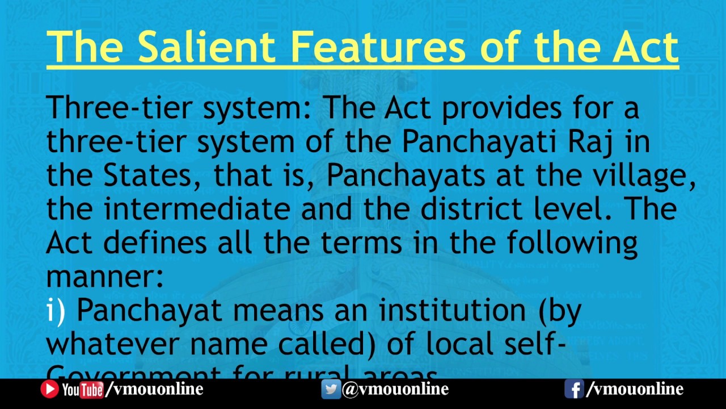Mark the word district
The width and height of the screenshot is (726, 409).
click(x=488, y=209)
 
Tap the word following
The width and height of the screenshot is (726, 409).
click(x=572, y=244)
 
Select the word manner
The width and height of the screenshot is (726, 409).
click(x=104, y=277)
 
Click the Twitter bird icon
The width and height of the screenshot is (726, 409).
click(x=331, y=389)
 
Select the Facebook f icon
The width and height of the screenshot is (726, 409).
click(x=574, y=389)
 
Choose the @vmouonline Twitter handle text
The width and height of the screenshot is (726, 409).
click(x=395, y=389)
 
